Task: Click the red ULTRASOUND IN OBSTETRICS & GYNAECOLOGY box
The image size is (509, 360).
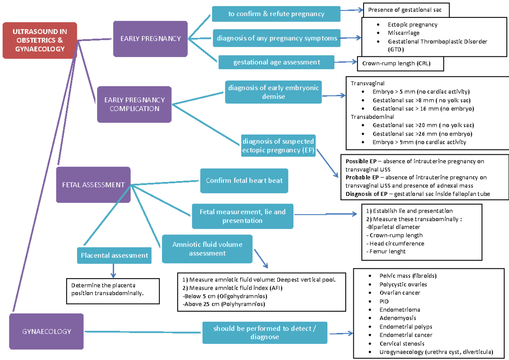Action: tap(39, 40)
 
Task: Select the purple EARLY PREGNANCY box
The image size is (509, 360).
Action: tap(151, 39)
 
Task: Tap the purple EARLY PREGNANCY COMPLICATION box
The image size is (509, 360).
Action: tap(134, 104)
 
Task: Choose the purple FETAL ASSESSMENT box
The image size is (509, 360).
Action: tap(93, 185)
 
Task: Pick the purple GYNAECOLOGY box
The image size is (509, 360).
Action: tap(47, 331)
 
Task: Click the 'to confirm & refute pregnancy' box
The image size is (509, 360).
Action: tap(276, 14)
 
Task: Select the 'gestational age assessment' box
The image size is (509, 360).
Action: tap(276, 62)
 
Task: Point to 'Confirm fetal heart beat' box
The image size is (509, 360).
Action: tap(244, 181)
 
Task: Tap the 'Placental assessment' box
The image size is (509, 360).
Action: tap(115, 255)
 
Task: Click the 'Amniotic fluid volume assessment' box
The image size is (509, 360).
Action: tap(207, 249)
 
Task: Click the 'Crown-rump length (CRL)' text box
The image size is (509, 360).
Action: tap(400, 64)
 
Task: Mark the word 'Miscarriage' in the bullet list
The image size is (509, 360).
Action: tap(403, 33)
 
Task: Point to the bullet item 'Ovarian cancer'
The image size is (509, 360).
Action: tap(400, 293)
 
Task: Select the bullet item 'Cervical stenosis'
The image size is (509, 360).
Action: tap(402, 343)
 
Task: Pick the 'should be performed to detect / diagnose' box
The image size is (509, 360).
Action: tap(265, 333)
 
